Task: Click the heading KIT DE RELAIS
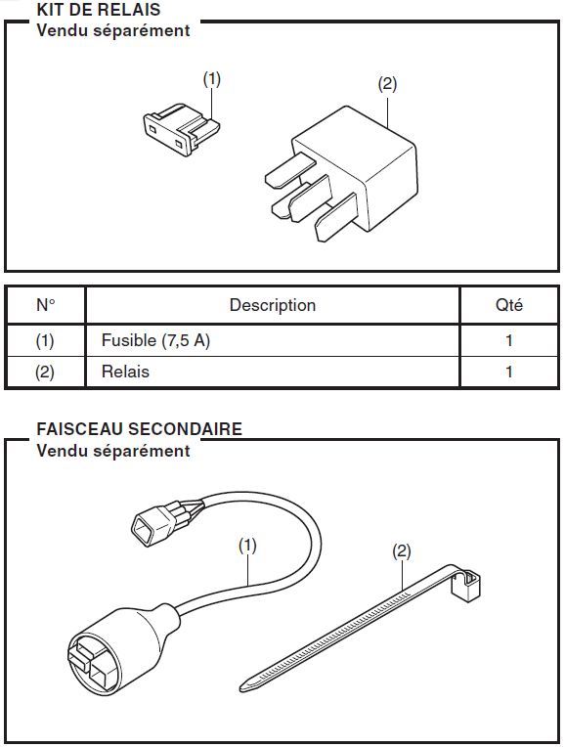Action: tap(99, 10)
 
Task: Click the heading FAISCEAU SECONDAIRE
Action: tap(139, 429)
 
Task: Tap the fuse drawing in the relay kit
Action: tap(181, 130)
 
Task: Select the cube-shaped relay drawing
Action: tap(341, 173)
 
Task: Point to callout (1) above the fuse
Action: tap(212, 79)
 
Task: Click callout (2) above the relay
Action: tap(387, 84)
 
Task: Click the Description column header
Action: tap(273, 305)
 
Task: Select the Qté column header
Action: tap(508, 305)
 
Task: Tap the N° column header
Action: tap(45, 305)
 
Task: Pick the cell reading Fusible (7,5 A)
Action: tap(155, 340)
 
